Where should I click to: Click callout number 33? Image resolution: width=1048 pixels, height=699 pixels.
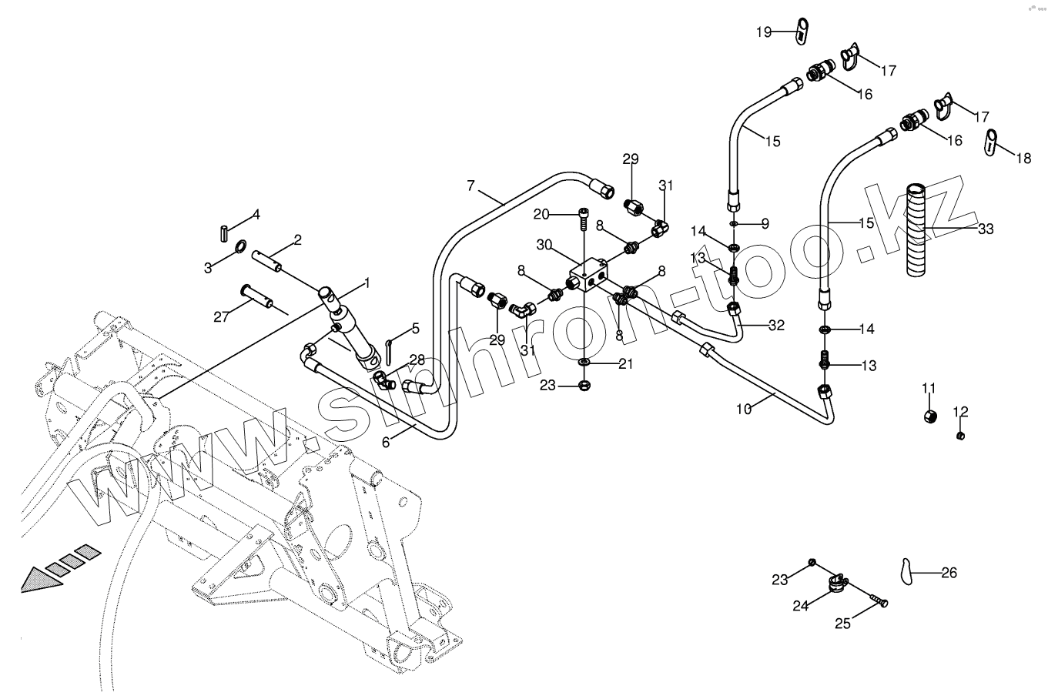coord(986,229)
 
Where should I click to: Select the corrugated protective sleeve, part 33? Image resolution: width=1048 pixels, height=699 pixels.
coord(916,230)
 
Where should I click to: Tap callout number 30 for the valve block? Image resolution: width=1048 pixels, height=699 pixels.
coord(544,245)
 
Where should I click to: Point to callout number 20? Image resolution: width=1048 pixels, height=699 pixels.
coord(541,214)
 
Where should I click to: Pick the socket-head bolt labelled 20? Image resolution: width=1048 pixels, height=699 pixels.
coord(584,219)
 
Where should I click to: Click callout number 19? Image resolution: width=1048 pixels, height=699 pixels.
coord(764,32)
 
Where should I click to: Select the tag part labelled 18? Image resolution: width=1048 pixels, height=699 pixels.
coord(991,142)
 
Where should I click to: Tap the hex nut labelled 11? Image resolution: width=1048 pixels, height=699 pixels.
coord(930,416)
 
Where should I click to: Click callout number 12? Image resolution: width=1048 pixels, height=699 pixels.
coord(960,412)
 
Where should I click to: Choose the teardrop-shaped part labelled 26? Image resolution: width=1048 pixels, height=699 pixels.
coord(906,571)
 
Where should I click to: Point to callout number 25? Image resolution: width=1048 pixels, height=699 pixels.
coord(842,624)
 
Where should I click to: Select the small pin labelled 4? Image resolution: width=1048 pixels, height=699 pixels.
coord(224,233)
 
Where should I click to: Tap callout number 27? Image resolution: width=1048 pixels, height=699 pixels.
coord(221,316)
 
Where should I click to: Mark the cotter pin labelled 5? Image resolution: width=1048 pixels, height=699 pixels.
coord(389,351)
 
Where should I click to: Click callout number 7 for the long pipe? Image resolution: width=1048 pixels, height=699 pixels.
coord(470,186)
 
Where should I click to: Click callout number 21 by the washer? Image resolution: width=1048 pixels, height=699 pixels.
coord(625,364)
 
